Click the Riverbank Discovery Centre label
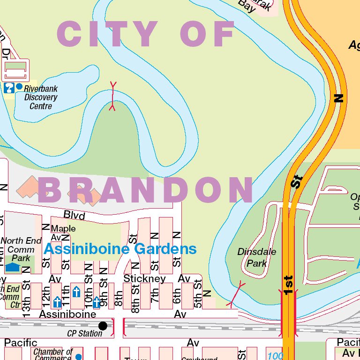(41, 97)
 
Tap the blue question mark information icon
(8, 87)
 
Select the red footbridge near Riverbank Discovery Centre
(112, 96)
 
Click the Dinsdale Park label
(256, 257)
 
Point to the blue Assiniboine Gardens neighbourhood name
(120, 249)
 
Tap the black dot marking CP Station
(103, 325)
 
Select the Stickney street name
(144, 278)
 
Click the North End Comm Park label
(21, 249)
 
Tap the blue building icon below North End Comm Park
(13, 267)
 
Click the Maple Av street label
(63, 233)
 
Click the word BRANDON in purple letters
(146, 190)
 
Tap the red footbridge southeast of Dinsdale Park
(236, 294)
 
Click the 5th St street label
(198, 292)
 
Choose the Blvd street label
(74, 215)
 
